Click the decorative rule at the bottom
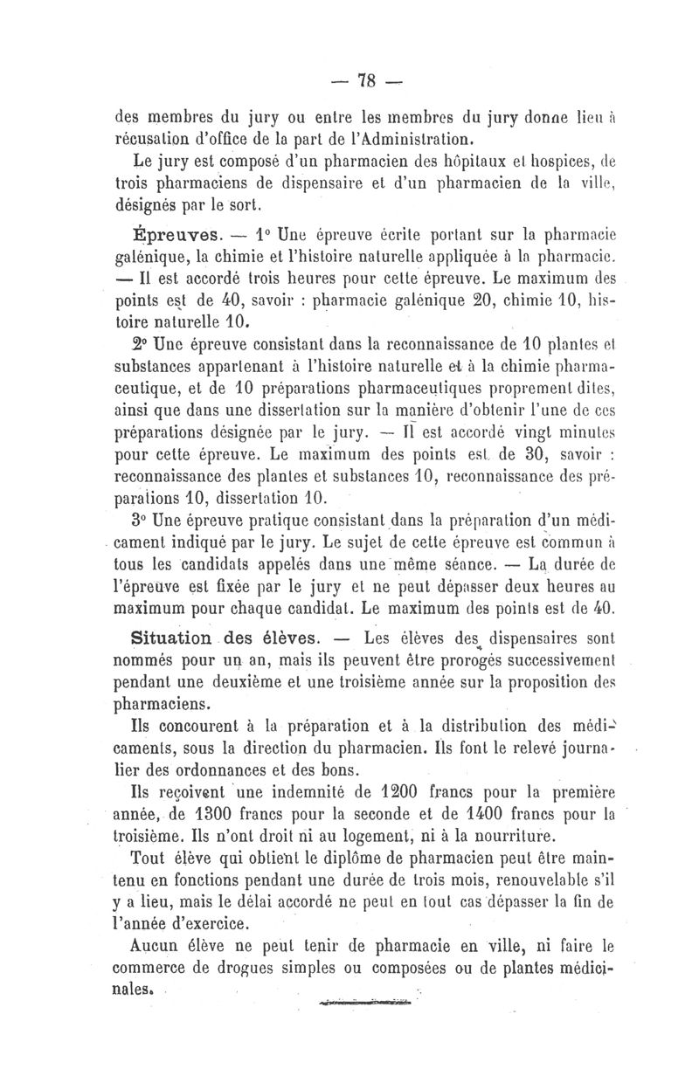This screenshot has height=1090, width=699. click(366, 1002)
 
